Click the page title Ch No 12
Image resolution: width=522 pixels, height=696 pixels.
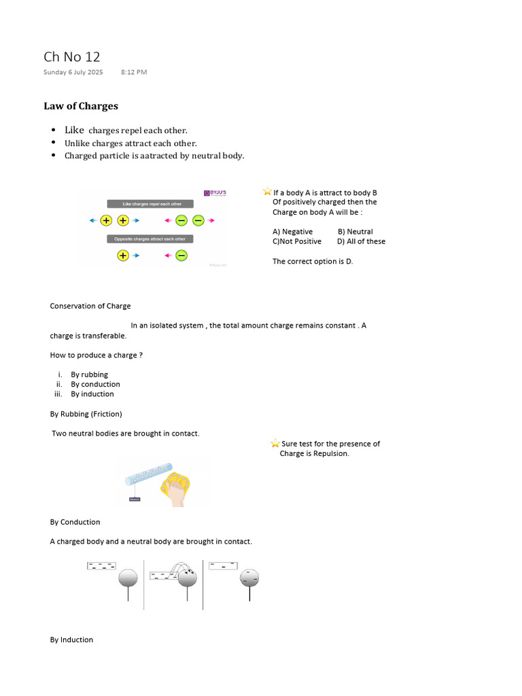point(71,56)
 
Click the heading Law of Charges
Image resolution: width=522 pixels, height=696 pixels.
point(81,106)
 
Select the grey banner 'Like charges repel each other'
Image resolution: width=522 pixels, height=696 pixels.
point(150,204)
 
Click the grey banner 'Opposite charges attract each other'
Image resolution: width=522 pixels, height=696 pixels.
point(150,239)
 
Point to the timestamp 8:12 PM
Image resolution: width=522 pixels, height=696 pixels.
point(134,72)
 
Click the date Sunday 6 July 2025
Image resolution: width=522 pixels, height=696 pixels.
point(73,72)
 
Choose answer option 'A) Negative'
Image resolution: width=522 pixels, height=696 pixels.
point(292,232)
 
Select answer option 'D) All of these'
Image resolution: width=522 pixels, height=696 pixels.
point(361,241)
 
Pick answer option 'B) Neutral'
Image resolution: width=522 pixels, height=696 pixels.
point(355,232)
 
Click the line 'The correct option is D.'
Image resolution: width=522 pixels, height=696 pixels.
point(313,261)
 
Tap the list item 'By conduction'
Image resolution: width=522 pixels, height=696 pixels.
point(95,384)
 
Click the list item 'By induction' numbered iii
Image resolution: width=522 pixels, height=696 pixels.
point(92,394)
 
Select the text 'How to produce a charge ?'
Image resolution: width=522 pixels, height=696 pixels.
point(96,355)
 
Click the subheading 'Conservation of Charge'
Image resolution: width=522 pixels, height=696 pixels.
point(90,306)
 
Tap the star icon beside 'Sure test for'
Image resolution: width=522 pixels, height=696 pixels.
point(275,443)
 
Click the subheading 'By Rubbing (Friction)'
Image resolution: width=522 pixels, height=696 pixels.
point(86,413)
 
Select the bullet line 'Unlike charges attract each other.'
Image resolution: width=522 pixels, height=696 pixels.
point(130,143)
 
